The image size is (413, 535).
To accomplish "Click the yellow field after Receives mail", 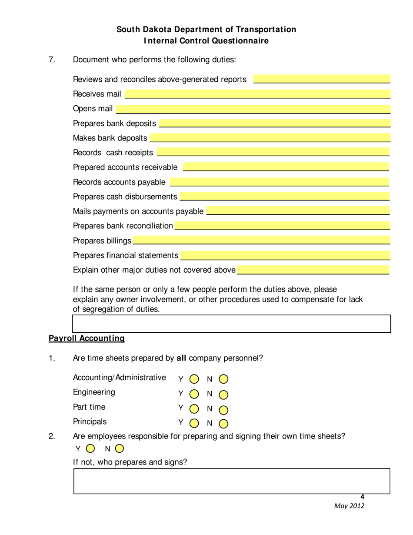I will coord(257,94).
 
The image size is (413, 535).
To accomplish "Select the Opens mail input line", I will coord(253,109).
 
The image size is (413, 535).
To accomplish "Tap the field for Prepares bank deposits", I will coord(275,124).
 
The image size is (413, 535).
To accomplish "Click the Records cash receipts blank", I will coord(273,152).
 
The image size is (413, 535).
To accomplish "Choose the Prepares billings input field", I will coord(261,241).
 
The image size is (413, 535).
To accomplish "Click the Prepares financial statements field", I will coord(285,255).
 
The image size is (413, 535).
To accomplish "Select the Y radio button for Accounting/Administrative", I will coord(194,379).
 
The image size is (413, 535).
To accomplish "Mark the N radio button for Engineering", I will coord(223,394).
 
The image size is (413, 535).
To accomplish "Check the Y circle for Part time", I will coord(194,409).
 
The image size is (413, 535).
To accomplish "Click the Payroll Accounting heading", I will coord(87,338).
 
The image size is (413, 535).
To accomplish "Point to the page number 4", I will coord(362,497).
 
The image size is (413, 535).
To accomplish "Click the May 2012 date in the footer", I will coord(349,506).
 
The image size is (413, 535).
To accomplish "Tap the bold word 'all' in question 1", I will coord(181,358).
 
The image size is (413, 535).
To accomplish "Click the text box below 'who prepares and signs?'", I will coord(231,481).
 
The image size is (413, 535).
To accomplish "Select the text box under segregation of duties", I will coord(231,324).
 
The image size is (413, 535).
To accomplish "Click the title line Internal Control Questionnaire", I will coord(206,41).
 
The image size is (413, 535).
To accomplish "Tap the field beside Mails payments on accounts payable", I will coord(298,211).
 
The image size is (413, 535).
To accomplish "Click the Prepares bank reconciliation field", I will coord(282,226).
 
